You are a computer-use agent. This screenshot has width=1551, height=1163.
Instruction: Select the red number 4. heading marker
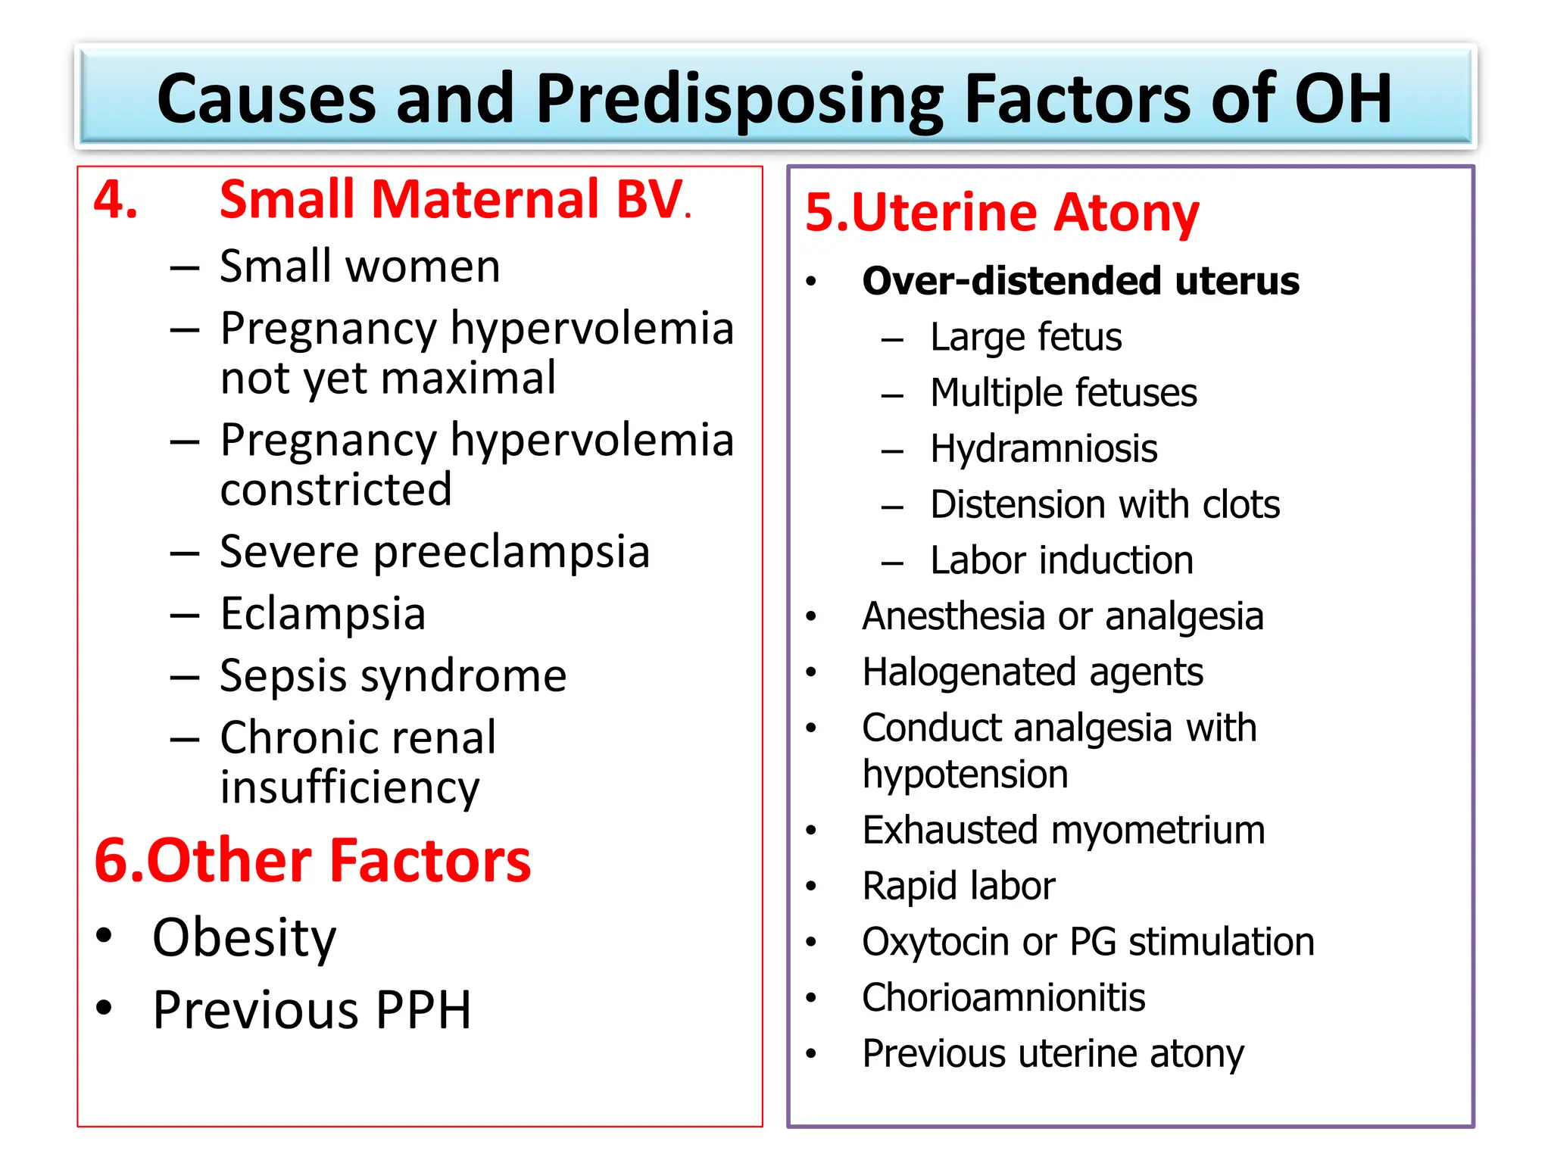(116, 200)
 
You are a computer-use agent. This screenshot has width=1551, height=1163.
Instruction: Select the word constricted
(336, 489)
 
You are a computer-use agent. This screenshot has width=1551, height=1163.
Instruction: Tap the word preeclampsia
(512, 551)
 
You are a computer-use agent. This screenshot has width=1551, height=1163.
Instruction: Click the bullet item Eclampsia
(323, 613)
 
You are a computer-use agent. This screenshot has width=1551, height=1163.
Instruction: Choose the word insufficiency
(350, 787)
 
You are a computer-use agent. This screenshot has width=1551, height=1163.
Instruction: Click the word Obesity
(244, 938)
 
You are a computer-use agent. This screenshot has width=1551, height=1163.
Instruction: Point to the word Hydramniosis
(1044, 448)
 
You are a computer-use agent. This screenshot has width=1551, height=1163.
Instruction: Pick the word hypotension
(965, 775)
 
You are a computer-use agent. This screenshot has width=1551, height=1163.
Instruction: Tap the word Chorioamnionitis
(1003, 997)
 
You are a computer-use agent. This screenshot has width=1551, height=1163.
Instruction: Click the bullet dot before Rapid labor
(811, 887)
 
